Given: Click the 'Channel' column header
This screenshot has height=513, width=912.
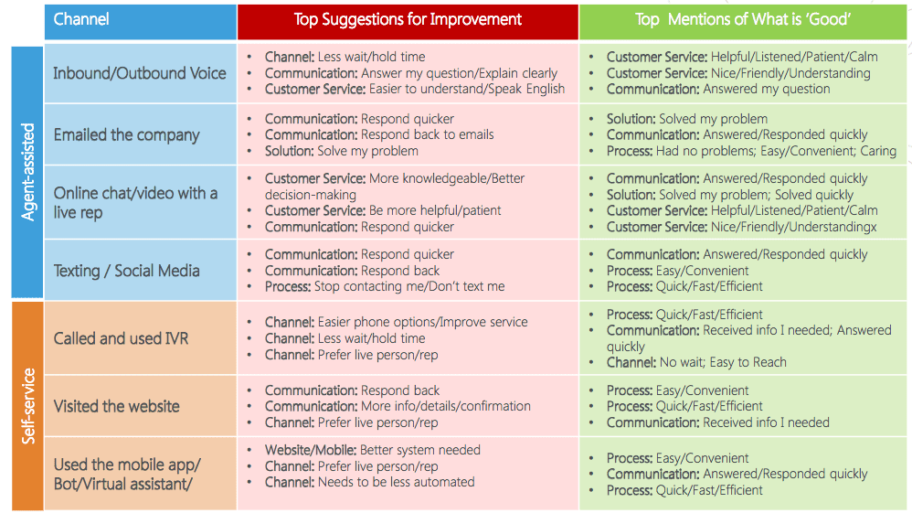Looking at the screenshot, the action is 81,19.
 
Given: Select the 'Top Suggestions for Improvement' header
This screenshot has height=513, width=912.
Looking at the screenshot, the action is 408,20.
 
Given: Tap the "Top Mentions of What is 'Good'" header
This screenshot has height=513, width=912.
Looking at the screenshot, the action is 743,20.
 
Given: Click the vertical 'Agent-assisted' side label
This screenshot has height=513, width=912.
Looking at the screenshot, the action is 28,172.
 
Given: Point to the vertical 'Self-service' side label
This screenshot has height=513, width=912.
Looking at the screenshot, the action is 28,406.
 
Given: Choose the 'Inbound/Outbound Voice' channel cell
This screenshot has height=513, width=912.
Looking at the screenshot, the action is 140,73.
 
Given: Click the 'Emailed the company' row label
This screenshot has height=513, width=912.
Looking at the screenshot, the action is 127,135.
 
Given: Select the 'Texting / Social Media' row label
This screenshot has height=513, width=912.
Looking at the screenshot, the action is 127,271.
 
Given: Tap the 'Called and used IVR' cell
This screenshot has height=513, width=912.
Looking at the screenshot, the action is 121,338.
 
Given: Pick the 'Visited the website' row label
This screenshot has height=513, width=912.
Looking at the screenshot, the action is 116,406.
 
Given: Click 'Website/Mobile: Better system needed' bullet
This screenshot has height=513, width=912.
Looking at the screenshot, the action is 373,450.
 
